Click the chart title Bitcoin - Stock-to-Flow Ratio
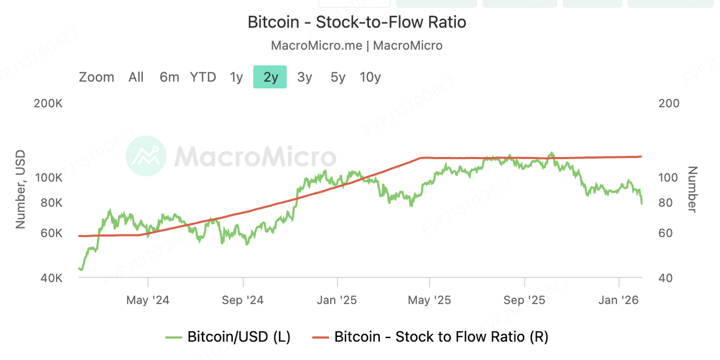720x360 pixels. click(357, 22)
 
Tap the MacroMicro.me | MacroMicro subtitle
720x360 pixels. click(357, 46)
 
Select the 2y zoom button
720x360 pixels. click(270, 77)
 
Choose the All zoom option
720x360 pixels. click(136, 77)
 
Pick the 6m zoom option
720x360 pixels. click(169, 77)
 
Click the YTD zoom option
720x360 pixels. click(203, 77)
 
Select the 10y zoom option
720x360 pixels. click(370, 77)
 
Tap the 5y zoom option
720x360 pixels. click(337, 77)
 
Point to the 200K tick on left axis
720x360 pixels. click(49, 103)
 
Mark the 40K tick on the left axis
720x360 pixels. click(52, 278)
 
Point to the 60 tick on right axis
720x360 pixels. click(665, 233)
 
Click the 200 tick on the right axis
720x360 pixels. click(668, 103)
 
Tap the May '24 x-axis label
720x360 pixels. click(147, 300)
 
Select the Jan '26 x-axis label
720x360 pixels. click(619, 300)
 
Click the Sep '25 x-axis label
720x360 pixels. click(524, 300)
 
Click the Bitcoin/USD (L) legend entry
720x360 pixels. click(228, 337)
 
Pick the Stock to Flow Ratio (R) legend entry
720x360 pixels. click(430, 337)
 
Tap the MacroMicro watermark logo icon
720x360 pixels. click(146, 156)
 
